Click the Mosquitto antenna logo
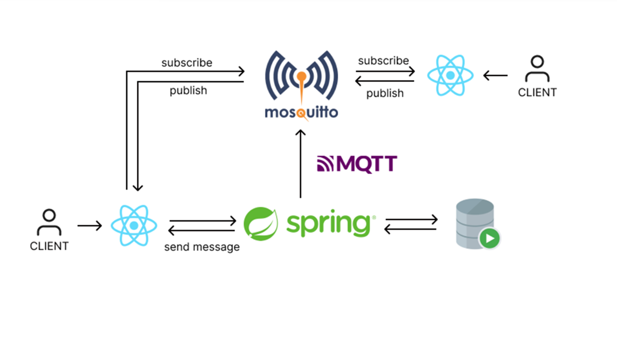tap(301, 76)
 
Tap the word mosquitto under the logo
tap(301, 112)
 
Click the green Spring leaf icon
tap(261, 224)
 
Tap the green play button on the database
tap(490, 239)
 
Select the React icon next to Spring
tap(134, 226)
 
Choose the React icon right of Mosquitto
tap(450, 75)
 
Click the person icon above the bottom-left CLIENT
tap(49, 222)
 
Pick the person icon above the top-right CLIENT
tap(537, 68)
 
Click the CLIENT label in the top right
tap(537, 92)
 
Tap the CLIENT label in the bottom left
tap(49, 246)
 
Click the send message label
tap(202, 247)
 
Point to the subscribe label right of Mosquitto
tap(383, 61)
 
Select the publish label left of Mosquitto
tap(188, 90)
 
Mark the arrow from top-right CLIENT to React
tap(495, 75)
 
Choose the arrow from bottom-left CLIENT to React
tap(90, 226)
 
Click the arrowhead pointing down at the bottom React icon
tap(138, 187)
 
